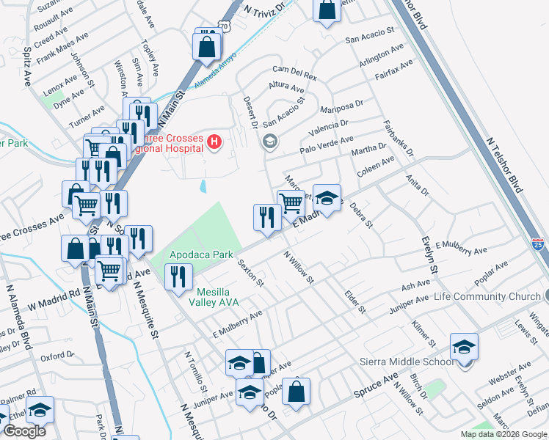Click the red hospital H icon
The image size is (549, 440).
point(214,141)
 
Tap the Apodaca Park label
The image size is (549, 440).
point(201,255)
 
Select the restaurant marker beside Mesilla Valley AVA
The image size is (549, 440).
point(178,276)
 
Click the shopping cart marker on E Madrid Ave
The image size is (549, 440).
point(291,202)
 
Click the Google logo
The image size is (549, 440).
point(24,430)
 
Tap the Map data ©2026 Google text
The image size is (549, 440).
point(503,434)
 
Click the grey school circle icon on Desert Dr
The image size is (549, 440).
point(270,142)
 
